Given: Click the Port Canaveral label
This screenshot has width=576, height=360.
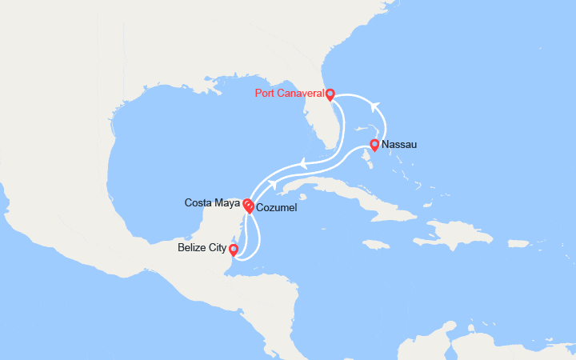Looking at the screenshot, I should [289, 93].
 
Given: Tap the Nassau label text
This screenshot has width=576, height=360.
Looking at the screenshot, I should [398, 145].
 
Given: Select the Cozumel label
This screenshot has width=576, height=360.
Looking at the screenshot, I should [276, 208].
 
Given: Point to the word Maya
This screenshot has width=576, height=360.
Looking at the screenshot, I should [226, 202].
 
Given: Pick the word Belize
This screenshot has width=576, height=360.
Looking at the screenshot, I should [193, 249].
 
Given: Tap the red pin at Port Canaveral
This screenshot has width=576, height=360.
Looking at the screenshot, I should [330, 94].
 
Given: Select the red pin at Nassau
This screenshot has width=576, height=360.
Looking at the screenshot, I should [374, 145].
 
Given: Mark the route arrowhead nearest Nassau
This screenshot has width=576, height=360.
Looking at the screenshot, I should [372, 102].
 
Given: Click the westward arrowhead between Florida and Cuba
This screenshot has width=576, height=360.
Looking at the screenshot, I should [303, 166].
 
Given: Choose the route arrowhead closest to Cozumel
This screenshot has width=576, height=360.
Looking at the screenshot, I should [272, 185].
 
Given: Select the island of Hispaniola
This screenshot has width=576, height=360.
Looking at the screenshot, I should [456, 232].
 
